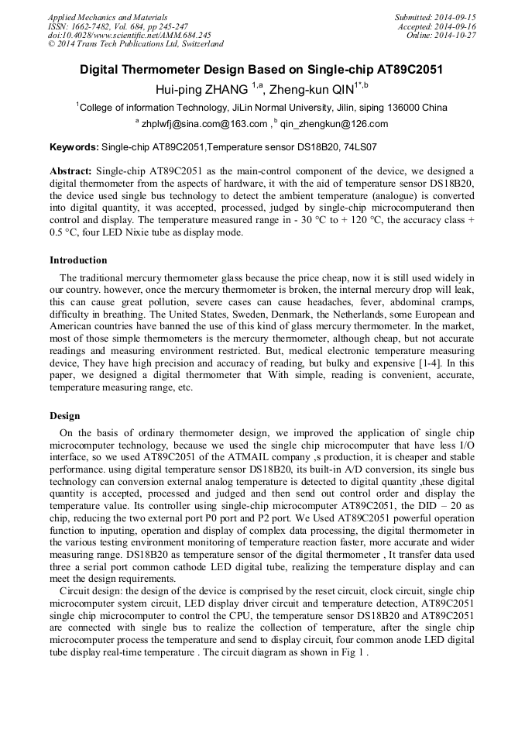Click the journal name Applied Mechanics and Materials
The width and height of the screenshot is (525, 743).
(107, 17)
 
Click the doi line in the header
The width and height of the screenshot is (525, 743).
(129, 36)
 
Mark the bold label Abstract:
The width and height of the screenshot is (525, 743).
(71, 170)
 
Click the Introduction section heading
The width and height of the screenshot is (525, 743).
(78, 260)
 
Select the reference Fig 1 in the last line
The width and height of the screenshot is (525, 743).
(353, 652)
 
